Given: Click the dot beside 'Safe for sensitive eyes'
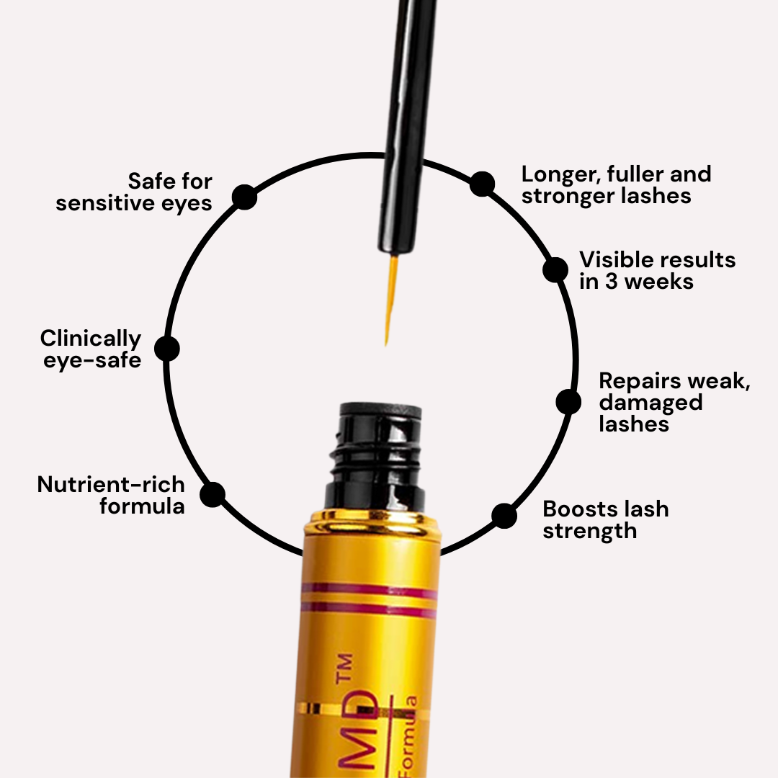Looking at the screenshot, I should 245,197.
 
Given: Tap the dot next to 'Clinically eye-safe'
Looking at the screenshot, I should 167,349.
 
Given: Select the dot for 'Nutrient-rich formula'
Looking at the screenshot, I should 213,494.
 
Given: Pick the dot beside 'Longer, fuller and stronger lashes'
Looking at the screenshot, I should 482,184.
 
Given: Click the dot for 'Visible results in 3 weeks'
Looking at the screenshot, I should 555,269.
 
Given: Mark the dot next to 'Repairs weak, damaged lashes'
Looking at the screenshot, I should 568,401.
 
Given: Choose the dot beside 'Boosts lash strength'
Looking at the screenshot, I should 504,516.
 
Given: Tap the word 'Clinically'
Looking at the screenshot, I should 91,339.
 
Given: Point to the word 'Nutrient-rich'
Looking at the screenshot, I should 111,485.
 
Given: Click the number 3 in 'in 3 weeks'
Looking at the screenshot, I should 612,282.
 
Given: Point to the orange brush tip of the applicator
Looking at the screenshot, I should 390,295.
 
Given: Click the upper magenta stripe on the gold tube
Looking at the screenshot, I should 369,590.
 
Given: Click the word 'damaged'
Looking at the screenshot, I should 650,402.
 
